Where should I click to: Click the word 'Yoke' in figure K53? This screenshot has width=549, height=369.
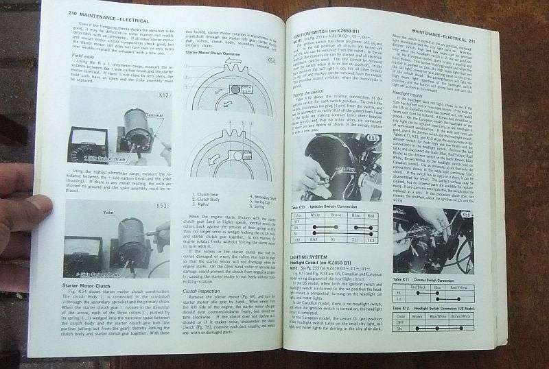coord(110,213)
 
